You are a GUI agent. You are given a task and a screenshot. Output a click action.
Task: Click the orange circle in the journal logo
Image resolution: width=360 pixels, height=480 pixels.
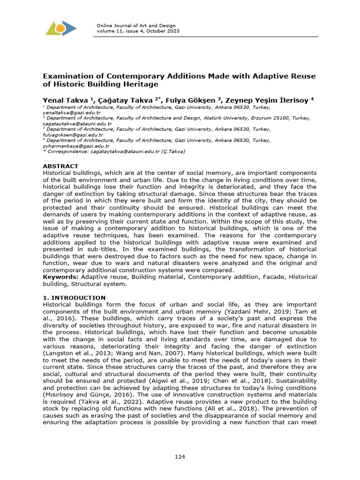pos(60,29)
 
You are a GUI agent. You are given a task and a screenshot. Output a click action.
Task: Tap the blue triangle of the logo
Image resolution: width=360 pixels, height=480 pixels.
pos(70,29)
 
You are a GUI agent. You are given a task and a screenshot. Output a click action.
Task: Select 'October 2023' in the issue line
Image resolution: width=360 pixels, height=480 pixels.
pos(164,31)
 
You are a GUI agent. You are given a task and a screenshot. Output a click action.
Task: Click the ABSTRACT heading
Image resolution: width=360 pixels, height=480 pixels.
pos(60,166)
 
